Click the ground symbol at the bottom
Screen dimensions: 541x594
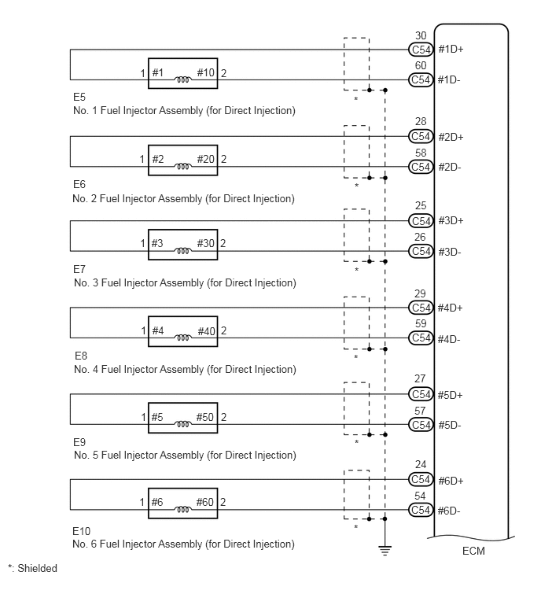(385, 550)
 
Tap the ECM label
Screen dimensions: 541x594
(473, 551)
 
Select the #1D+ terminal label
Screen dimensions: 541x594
(451, 50)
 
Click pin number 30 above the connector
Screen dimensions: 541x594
(421, 35)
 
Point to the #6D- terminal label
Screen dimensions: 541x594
(449, 511)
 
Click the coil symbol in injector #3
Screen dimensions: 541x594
(182, 251)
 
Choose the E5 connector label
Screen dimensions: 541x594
(79, 97)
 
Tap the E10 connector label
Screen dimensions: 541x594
(82, 531)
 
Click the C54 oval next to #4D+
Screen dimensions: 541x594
(421, 308)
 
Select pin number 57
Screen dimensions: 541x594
(420, 411)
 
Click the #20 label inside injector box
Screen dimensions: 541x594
(205, 159)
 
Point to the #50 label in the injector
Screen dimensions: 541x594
(205, 417)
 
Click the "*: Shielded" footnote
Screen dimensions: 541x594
(32, 568)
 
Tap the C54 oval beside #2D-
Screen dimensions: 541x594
(421, 167)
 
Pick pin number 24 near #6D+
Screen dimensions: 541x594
(421, 464)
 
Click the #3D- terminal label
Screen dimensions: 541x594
(450, 253)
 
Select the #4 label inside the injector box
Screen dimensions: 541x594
(158, 330)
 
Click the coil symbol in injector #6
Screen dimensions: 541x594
(182, 510)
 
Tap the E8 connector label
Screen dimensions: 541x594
(81, 356)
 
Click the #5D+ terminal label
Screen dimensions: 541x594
(450, 395)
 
